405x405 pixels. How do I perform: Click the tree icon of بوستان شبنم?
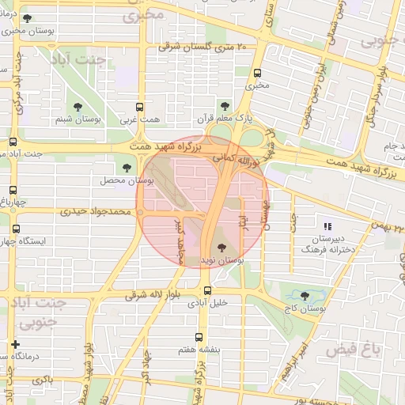tap(77, 106)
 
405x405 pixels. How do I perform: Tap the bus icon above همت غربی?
tap(140, 106)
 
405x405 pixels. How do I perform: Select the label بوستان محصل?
tap(120, 180)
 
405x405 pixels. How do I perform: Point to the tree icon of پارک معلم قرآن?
tap(225, 104)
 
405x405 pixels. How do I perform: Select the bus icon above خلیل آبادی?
tap(207, 290)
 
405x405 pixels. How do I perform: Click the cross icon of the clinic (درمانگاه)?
tap(15, 345)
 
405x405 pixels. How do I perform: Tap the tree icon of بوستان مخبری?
tap(26, 17)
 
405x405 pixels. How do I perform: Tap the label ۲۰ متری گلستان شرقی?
tap(203, 48)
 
